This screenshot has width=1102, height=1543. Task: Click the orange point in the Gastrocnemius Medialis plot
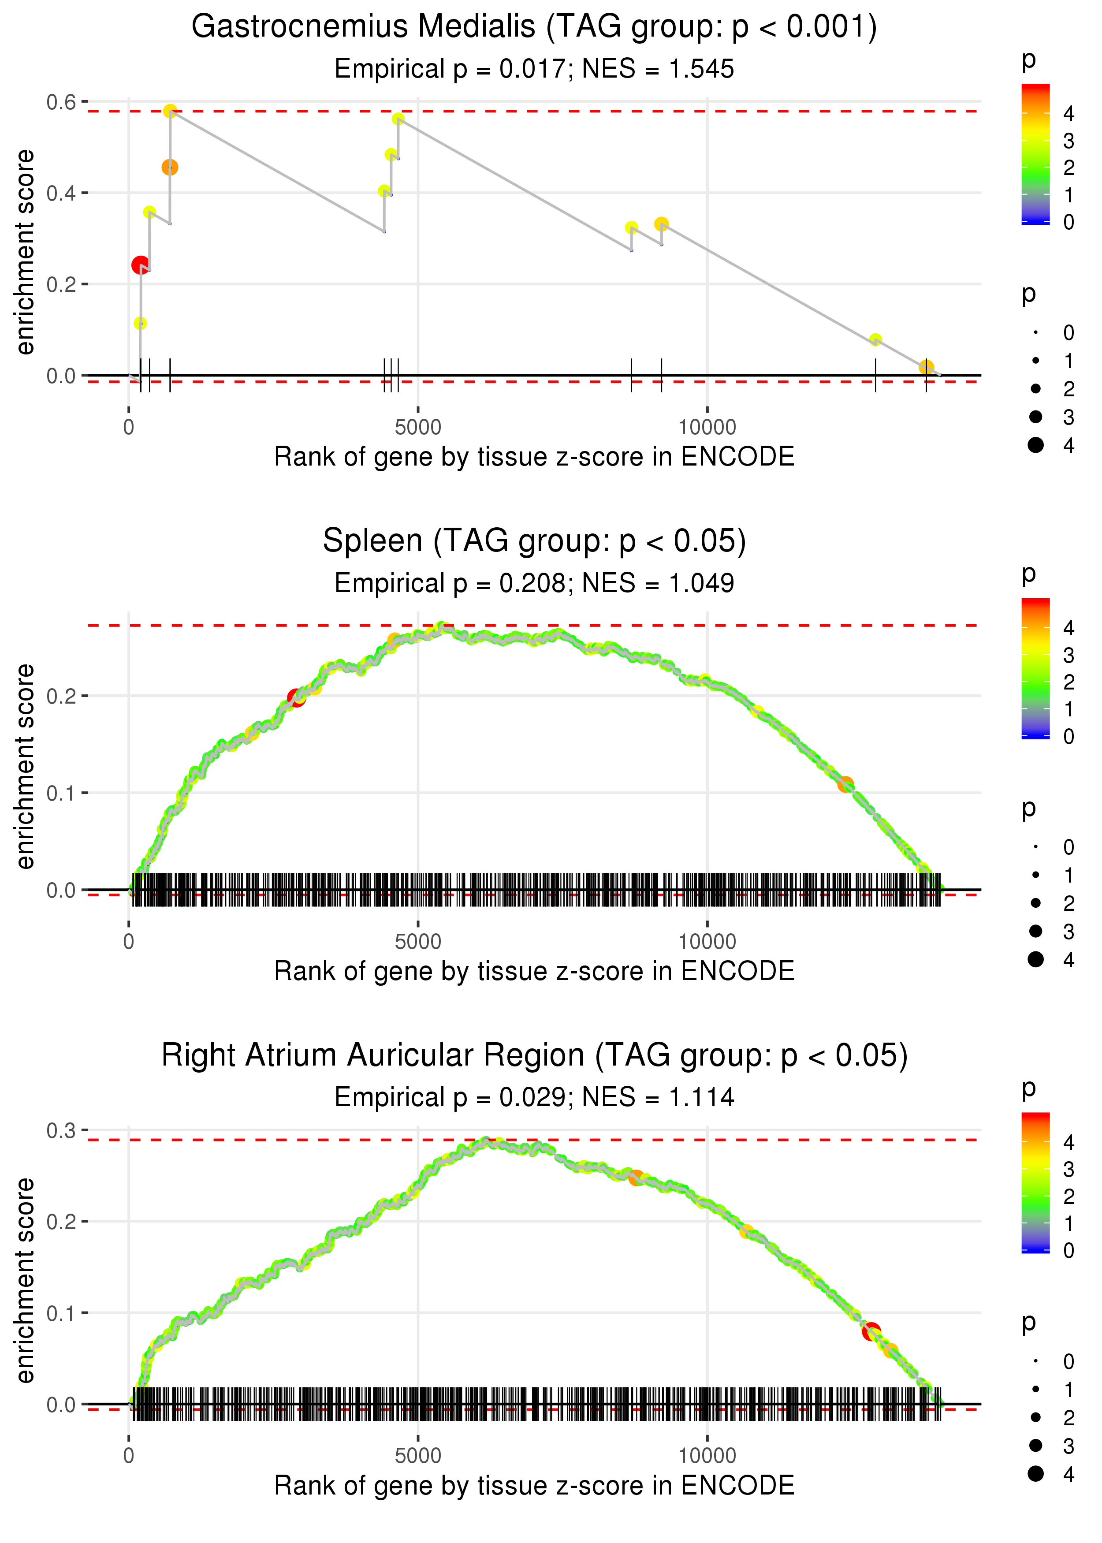point(170,167)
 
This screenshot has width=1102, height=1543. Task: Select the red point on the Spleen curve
point(296,697)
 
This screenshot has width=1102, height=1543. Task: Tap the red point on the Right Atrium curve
point(871,1331)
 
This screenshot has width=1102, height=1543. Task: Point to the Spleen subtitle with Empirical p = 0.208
point(534,583)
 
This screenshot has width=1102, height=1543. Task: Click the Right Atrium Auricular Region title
point(534,1055)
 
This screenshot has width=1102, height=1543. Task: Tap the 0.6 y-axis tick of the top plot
point(61,102)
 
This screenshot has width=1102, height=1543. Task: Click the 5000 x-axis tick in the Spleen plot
point(418,941)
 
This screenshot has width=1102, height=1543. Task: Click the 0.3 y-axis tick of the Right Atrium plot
point(61,1130)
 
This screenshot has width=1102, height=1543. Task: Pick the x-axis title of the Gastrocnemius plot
point(534,457)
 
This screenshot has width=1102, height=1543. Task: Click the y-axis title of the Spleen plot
point(25,766)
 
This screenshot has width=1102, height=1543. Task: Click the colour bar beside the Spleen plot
point(1035,668)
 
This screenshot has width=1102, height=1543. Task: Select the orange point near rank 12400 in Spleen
point(845,784)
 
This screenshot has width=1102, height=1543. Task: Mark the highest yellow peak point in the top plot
point(170,111)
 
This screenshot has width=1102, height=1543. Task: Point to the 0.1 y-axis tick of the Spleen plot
point(61,793)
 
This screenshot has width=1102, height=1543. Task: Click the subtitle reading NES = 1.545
point(534,68)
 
